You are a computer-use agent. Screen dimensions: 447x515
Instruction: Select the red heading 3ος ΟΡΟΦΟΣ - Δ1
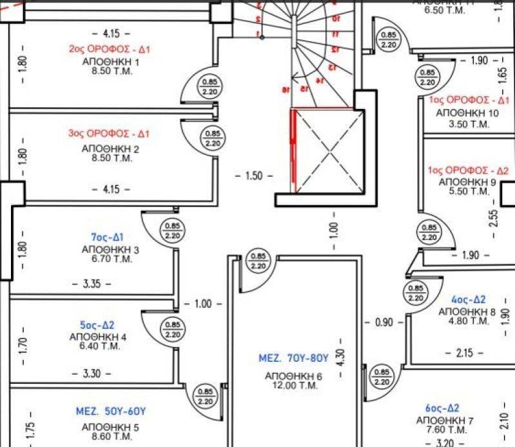click(x=109, y=134)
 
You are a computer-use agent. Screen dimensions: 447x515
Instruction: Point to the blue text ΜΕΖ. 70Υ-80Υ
click(x=294, y=357)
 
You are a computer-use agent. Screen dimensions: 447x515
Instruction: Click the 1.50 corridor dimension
click(x=255, y=175)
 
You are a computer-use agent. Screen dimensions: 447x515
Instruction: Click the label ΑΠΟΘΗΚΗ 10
click(x=467, y=113)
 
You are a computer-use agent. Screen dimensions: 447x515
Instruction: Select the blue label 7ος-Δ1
click(x=107, y=236)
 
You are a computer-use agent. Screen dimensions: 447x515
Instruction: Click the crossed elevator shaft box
click(x=325, y=151)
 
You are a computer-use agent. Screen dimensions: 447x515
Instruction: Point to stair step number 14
click(x=318, y=81)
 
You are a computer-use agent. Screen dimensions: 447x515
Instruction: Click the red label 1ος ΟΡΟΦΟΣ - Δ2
click(x=467, y=171)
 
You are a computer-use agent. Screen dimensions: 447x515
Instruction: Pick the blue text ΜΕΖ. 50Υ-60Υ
click(x=111, y=412)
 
